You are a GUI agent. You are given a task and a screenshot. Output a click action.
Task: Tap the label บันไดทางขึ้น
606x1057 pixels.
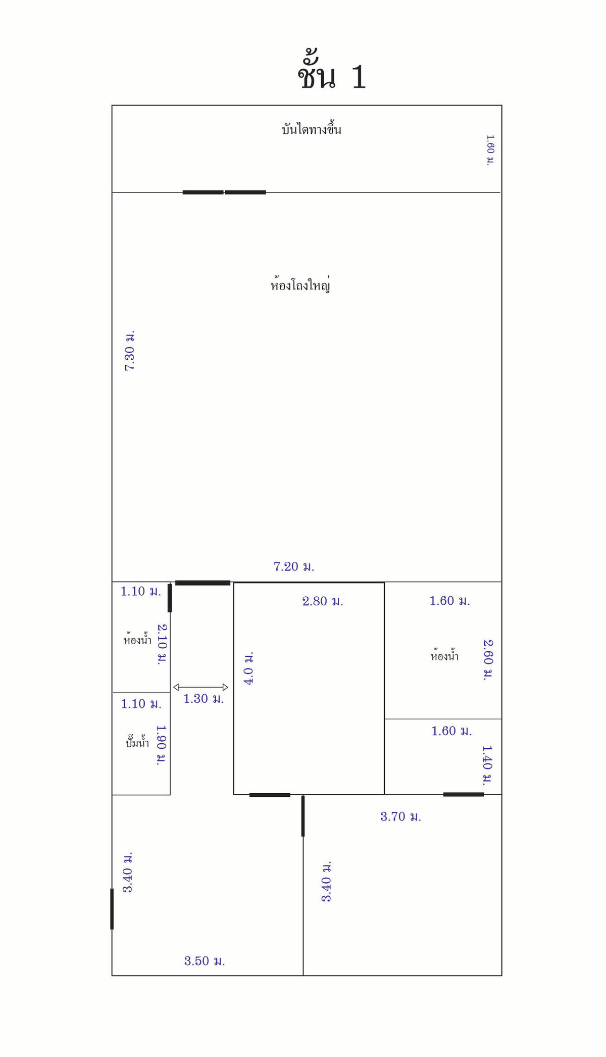(312, 129)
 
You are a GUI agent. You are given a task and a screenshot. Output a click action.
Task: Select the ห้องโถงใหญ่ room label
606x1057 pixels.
(300, 284)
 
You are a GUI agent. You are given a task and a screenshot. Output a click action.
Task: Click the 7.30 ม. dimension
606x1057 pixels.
(130, 351)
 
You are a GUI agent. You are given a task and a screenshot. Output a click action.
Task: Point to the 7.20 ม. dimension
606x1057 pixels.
(294, 566)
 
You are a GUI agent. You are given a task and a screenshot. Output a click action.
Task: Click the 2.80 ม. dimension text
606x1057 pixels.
(323, 601)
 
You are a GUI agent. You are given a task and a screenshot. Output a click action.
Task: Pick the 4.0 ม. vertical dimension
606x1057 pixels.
(248, 668)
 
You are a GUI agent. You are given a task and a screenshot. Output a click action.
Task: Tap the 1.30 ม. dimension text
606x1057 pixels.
(204, 699)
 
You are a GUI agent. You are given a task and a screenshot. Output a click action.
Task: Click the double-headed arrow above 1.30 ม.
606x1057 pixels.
(200, 687)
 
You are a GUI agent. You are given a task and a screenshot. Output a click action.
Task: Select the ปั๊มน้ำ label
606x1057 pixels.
(137, 742)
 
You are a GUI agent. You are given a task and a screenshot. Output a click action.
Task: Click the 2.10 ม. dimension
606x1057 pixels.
(162, 644)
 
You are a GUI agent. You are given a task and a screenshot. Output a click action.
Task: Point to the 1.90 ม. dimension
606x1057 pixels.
(161, 745)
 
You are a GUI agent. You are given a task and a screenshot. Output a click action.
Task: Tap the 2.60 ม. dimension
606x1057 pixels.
(488, 660)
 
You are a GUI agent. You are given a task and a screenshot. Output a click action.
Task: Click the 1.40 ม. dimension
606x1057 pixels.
(487, 765)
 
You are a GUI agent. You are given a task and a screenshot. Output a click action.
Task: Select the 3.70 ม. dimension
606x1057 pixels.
(400, 816)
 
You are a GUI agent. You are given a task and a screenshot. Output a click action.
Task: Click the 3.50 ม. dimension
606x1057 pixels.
(205, 960)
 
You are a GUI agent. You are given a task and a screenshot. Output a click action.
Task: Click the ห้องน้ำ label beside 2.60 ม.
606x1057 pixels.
(444, 656)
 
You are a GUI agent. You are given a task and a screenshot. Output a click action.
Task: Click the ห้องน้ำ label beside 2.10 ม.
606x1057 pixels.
(137, 639)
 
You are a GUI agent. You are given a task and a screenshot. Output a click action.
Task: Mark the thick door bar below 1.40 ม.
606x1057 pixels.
(464, 794)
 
